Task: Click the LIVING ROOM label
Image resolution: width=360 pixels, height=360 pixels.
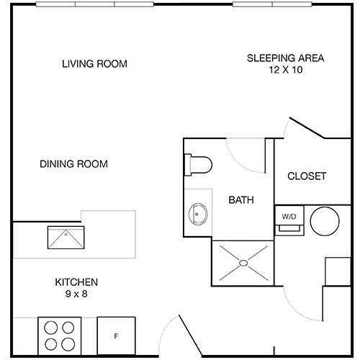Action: coord(94,64)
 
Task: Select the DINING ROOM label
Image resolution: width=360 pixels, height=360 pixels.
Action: coord(73,164)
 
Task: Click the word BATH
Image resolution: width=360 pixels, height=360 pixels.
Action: coord(240,200)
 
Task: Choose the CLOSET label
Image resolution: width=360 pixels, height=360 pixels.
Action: coord(307,176)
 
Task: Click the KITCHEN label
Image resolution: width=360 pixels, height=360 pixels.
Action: coord(76,282)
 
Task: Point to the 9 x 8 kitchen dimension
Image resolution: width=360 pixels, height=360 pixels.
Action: coord(76,294)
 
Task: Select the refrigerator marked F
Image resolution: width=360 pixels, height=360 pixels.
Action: coord(115,335)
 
